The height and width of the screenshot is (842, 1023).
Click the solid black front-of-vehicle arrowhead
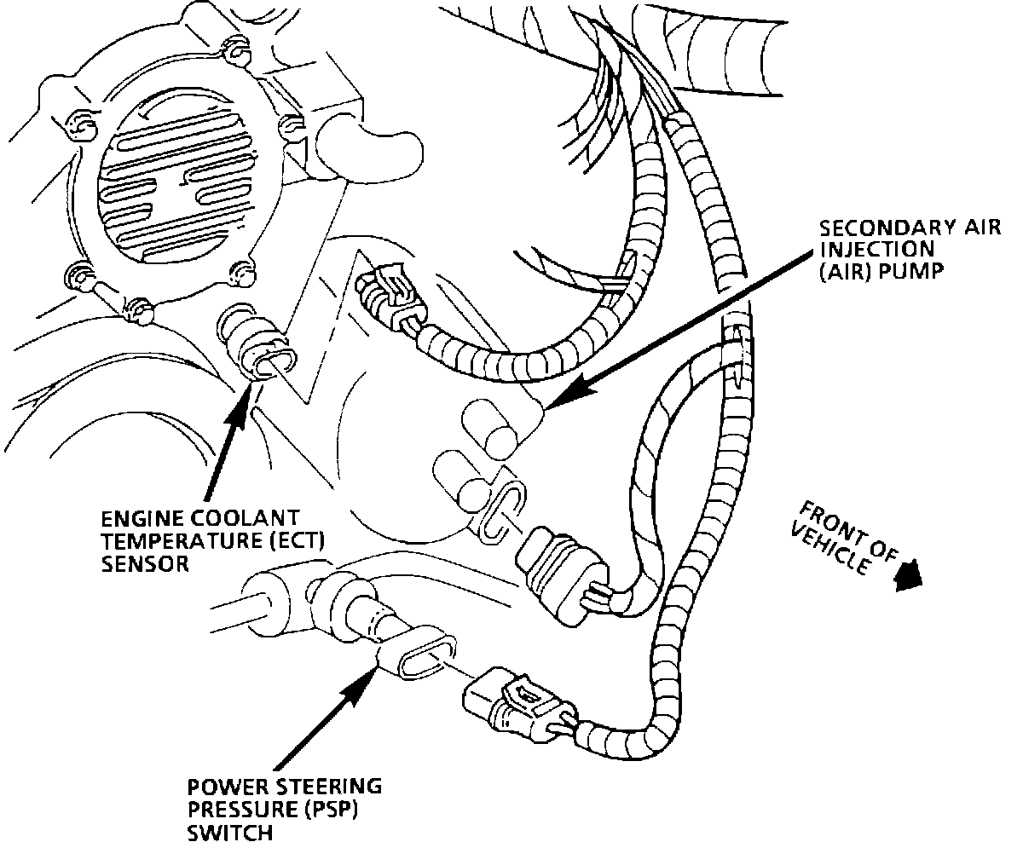click(910, 576)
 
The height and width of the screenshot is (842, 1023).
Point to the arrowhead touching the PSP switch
click(371, 678)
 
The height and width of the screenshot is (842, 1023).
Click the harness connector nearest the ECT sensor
click(384, 291)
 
